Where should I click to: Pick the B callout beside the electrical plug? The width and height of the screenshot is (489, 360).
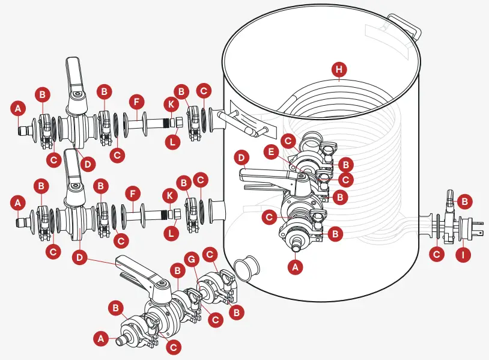[466, 200]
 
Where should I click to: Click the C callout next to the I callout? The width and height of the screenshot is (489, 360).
[437, 254]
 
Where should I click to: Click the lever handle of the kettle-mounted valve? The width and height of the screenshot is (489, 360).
[264, 175]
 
